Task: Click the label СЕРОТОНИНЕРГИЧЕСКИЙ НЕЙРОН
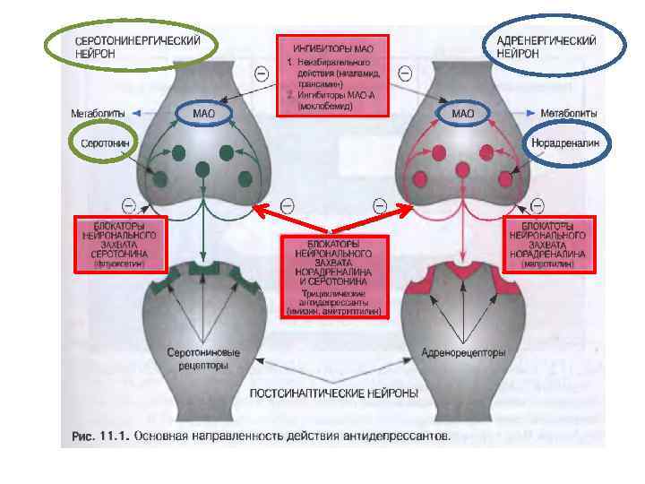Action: (131, 48)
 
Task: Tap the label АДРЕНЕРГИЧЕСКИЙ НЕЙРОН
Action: (553, 48)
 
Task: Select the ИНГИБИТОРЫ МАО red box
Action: (332, 76)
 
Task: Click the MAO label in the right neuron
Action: (462, 114)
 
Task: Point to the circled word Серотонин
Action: (105, 143)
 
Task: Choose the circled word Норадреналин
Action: (565, 143)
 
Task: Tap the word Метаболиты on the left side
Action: (97, 114)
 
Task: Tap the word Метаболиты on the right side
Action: (571, 114)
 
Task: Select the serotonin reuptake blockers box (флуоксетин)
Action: (119, 244)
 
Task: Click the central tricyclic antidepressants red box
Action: (333, 277)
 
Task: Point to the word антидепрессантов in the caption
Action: (395, 437)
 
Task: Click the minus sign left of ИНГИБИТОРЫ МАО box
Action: (261, 73)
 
